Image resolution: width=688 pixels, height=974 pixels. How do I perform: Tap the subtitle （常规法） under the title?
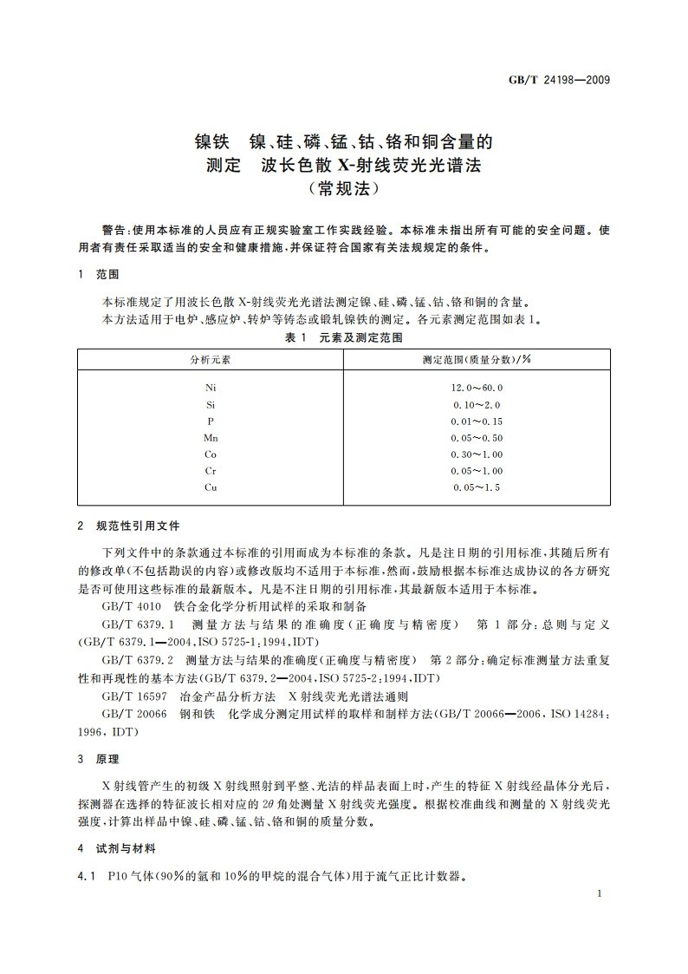[344, 186]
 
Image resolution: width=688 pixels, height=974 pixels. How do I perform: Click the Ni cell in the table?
[211, 388]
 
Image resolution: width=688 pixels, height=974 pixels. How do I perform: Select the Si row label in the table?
[211, 404]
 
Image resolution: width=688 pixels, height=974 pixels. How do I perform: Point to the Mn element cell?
[211, 438]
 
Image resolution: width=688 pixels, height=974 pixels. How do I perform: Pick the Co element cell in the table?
[211, 454]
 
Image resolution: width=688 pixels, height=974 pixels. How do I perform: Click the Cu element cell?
[211, 487]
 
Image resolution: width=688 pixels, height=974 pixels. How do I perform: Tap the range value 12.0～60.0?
[477, 388]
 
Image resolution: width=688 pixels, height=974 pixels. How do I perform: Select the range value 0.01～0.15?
[477, 422]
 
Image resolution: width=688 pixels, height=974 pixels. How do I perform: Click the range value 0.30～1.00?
[477, 454]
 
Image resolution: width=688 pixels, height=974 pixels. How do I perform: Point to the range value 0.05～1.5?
[477, 487]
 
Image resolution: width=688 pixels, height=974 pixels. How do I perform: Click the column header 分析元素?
[211, 358]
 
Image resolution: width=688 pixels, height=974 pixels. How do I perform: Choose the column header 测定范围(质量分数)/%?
[477, 358]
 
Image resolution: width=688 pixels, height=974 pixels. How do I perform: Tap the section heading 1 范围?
[97, 274]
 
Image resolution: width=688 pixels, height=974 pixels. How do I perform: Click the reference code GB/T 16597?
[132, 696]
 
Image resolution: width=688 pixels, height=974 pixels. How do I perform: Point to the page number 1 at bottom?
[599, 893]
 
